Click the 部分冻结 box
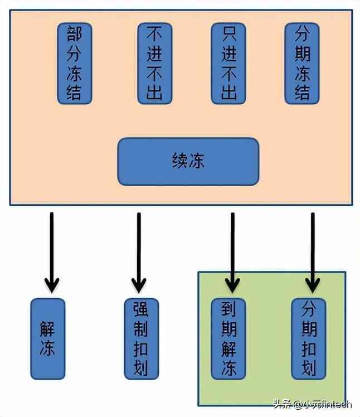(x=74, y=62)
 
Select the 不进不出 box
(x=154, y=62)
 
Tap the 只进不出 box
(x=228, y=62)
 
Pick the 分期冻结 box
(x=301, y=62)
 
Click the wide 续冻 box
(x=188, y=161)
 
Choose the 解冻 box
(x=47, y=338)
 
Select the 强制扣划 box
(x=141, y=338)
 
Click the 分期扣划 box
(x=309, y=338)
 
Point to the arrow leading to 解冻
(x=51, y=251)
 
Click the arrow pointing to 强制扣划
(x=138, y=251)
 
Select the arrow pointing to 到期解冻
(x=232, y=251)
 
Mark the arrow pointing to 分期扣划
(x=312, y=251)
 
